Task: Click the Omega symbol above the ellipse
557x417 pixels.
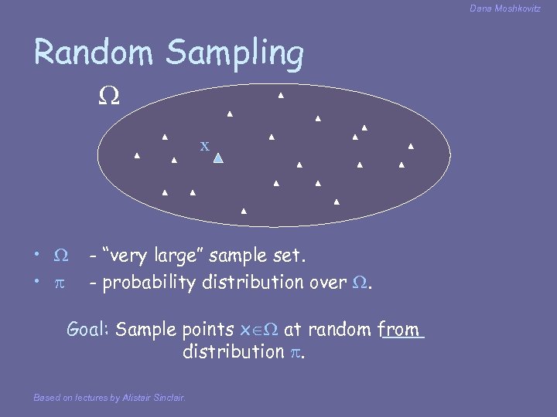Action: [108, 97]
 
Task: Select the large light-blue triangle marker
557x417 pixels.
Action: [218, 158]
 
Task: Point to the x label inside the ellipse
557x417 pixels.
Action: [204, 145]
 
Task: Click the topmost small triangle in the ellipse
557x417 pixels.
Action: [281, 96]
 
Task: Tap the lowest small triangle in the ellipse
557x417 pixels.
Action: [244, 211]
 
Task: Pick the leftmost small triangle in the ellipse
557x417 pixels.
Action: [137, 156]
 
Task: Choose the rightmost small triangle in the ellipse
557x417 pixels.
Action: [411, 146]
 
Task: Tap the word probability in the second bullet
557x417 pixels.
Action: [149, 283]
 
